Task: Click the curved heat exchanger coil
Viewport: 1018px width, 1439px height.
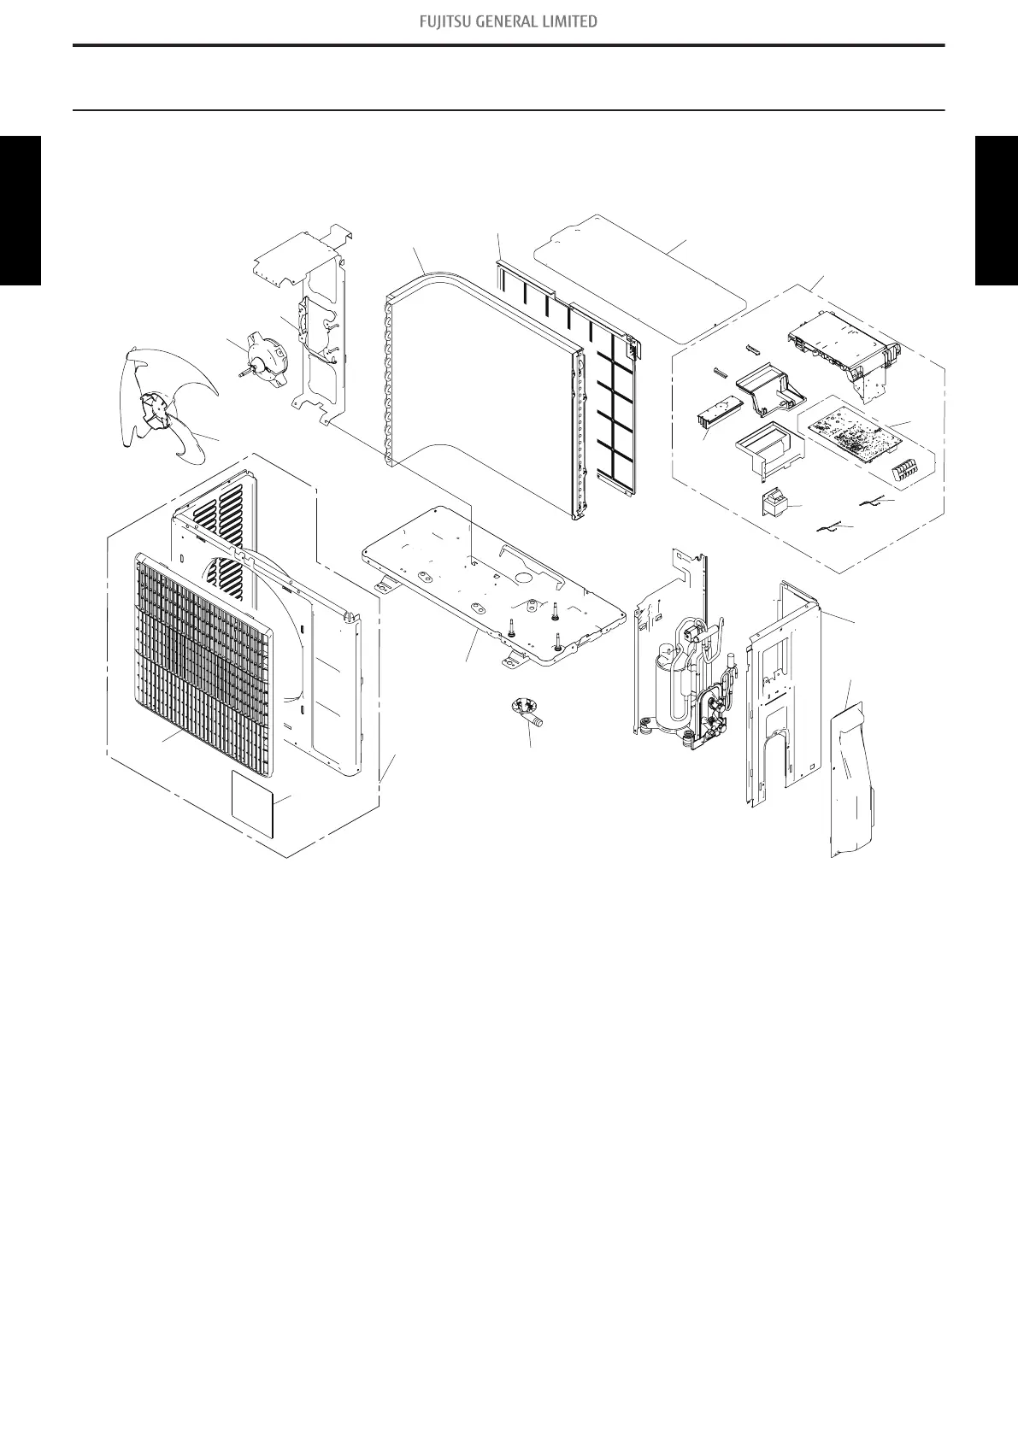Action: point(479,393)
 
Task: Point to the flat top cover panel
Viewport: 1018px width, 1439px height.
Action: point(641,273)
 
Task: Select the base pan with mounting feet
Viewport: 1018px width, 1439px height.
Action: point(487,590)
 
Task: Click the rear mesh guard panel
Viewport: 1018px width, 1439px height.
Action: point(598,376)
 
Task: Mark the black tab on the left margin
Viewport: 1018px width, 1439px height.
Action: point(20,210)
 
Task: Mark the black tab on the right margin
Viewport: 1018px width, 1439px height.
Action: point(997,210)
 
